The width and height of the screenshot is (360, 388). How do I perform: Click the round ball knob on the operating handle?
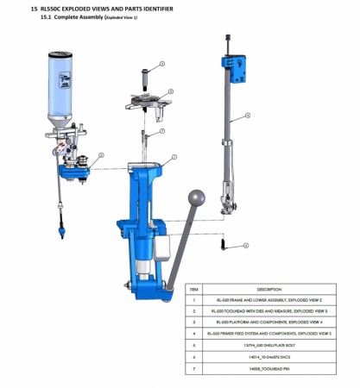(x=199, y=197)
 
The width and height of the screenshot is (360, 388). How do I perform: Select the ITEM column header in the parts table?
(x=194, y=289)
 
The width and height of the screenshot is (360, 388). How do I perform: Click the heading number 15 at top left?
(x=34, y=8)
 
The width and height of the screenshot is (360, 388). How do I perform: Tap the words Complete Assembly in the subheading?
(x=78, y=17)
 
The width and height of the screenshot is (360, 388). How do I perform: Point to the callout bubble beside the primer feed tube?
(x=247, y=115)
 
